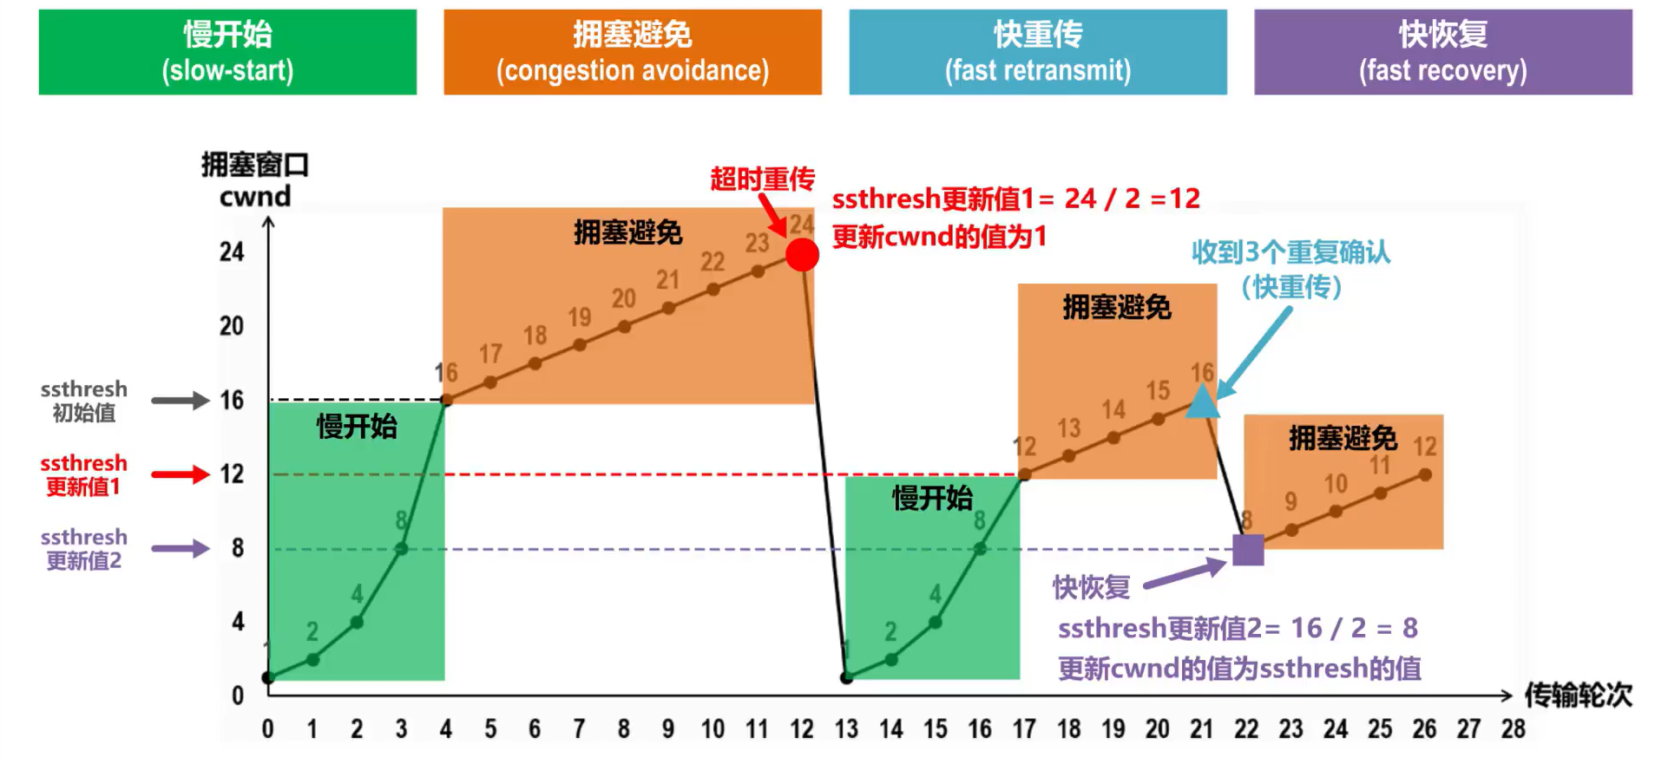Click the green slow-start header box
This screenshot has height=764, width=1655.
click(x=227, y=52)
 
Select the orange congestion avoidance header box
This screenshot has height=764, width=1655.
click(x=632, y=52)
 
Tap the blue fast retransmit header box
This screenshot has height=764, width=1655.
click(x=1037, y=52)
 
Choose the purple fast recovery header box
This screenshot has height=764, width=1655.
click(x=1442, y=52)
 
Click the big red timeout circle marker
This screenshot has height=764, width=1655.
click(x=802, y=255)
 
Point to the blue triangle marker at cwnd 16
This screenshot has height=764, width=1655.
click(x=1202, y=402)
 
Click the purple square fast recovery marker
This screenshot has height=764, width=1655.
click(x=1248, y=550)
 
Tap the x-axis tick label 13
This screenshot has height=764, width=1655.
click(x=846, y=729)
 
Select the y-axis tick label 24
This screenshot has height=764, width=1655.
click(x=232, y=252)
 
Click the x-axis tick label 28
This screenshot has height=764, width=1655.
click(x=1513, y=729)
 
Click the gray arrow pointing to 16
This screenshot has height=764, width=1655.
click(x=181, y=401)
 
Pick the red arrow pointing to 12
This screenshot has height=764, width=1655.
click(x=181, y=474)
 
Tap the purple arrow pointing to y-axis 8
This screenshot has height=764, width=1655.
click(x=181, y=549)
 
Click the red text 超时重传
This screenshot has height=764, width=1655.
click(x=762, y=180)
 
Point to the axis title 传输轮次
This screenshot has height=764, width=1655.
click(x=1578, y=695)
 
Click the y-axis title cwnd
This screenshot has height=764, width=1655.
click(x=255, y=197)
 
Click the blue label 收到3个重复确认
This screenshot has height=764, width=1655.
click(x=1291, y=252)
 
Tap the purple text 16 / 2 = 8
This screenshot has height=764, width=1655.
click(x=1354, y=628)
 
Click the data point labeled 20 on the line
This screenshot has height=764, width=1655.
click(x=624, y=327)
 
